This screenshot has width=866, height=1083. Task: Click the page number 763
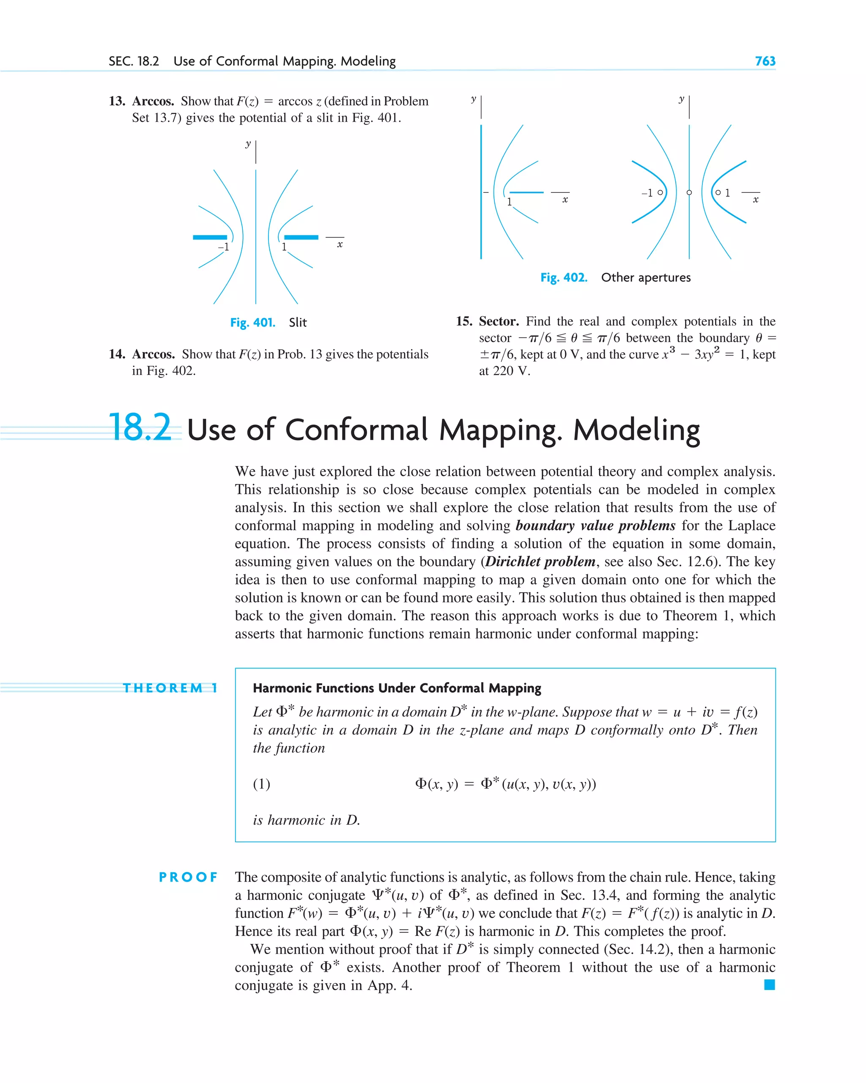click(x=765, y=61)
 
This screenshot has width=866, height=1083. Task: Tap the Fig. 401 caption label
click(x=253, y=323)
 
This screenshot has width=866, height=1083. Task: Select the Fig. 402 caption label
click(x=563, y=278)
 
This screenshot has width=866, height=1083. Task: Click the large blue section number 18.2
click(x=140, y=428)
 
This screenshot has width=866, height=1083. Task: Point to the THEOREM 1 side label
click(x=170, y=688)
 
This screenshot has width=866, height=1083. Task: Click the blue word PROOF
click(x=188, y=877)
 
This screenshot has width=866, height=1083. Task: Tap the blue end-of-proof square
click(x=769, y=985)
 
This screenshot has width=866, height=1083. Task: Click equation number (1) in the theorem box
click(x=261, y=784)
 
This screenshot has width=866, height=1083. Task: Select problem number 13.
click(x=117, y=101)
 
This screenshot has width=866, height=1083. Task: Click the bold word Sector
click(x=498, y=321)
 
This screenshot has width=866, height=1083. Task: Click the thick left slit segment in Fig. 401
click(x=210, y=237)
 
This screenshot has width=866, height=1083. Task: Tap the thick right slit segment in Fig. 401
click(x=301, y=237)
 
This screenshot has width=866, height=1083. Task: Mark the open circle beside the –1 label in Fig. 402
click(x=660, y=192)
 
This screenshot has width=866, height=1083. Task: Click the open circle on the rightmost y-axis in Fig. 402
click(x=689, y=192)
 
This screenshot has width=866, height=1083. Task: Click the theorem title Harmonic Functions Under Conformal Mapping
click(x=397, y=688)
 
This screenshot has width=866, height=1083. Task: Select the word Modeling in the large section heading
click(x=636, y=430)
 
